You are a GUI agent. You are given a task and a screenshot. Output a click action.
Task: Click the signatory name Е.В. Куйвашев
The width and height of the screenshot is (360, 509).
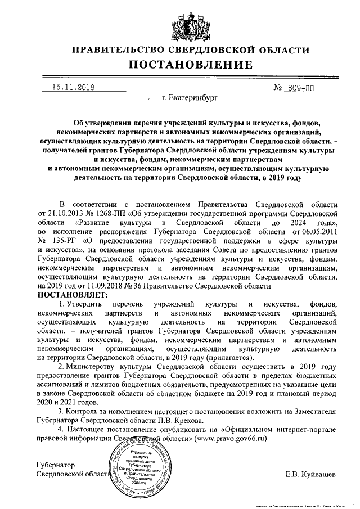(x=310, y=474)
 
